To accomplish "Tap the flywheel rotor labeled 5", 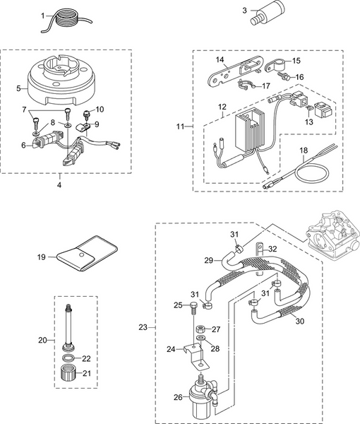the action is pos(63,79).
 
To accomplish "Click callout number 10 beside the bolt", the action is pos(100,110).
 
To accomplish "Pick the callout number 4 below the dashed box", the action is pos(59,185).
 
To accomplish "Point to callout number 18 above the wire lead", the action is pos(304,151).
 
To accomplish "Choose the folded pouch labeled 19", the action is pos(87,254).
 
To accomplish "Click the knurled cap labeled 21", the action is pos(67,372).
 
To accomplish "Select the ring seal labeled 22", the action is pos(68,358).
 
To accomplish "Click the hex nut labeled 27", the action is pos(200,329).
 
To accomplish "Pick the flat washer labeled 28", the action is pos(201,338).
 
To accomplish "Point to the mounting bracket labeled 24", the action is pos(196,357).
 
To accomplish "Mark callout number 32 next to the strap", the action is pos(273,249).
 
